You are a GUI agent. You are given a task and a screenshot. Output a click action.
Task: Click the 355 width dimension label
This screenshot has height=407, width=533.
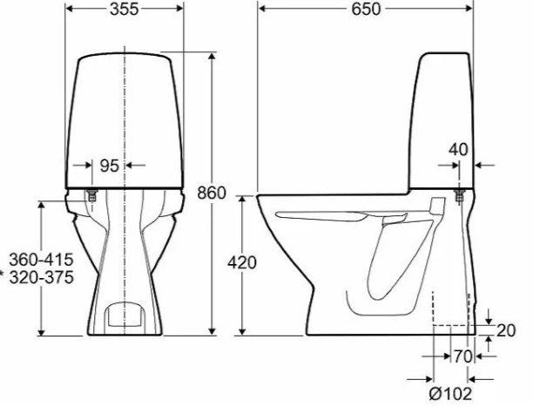[124, 9]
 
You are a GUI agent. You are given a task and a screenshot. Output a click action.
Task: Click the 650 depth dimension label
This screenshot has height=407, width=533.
[366, 9]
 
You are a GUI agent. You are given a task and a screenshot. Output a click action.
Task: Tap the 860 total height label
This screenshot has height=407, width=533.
[212, 193]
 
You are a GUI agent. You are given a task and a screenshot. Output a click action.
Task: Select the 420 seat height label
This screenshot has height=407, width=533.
[242, 262]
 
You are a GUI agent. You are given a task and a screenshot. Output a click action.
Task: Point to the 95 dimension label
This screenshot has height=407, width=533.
[110, 166]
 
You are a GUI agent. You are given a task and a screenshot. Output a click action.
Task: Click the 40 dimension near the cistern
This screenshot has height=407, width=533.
[458, 149]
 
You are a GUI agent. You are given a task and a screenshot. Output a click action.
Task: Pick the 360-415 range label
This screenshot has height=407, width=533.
[41, 260]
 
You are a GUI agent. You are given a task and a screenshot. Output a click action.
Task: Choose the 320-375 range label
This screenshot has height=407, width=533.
[41, 277]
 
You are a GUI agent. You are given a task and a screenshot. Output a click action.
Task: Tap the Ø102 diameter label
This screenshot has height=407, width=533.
[451, 394]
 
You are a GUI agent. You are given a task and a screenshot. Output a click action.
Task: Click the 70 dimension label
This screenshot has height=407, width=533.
[463, 356]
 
